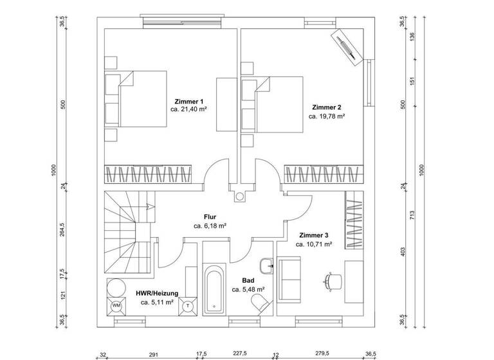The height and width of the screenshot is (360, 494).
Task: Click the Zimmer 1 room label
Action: (x=188, y=102)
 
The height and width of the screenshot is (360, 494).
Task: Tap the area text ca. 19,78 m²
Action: (x=327, y=116)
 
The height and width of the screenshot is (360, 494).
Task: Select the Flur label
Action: (x=210, y=217)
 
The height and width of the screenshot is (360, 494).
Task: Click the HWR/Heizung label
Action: (x=157, y=292)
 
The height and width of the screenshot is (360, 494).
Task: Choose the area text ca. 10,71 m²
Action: (x=313, y=244)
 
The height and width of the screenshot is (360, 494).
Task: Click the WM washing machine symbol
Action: (x=117, y=305)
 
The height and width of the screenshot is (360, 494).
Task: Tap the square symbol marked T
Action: (x=188, y=305)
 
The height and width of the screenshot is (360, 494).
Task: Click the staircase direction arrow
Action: (x=148, y=207)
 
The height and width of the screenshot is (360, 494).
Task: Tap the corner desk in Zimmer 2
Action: (x=347, y=46)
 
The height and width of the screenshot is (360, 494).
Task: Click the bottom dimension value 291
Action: (x=153, y=354)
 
